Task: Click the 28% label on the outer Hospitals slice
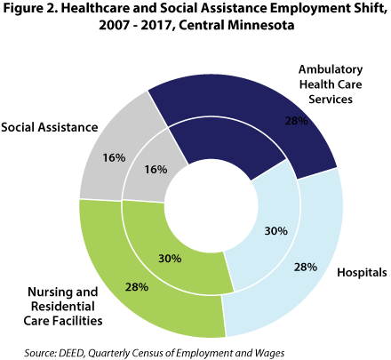pos(304,267)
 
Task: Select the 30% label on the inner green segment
pos(169,259)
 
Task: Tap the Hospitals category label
pos(360,272)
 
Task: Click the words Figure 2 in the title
pos(35,11)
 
